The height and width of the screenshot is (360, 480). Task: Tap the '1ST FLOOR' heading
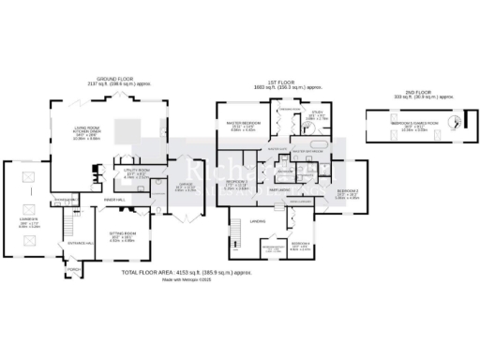[x=282, y=82]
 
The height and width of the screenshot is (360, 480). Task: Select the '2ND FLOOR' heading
[x=412, y=91]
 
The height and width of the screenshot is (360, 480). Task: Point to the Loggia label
[x=30, y=198]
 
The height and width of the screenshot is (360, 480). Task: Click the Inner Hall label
[x=113, y=200]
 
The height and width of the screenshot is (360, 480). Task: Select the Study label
[x=318, y=116]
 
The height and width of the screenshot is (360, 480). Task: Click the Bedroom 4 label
[x=300, y=245]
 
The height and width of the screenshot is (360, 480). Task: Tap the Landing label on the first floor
[x=257, y=221]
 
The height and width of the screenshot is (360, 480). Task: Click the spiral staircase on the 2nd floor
[x=457, y=122]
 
